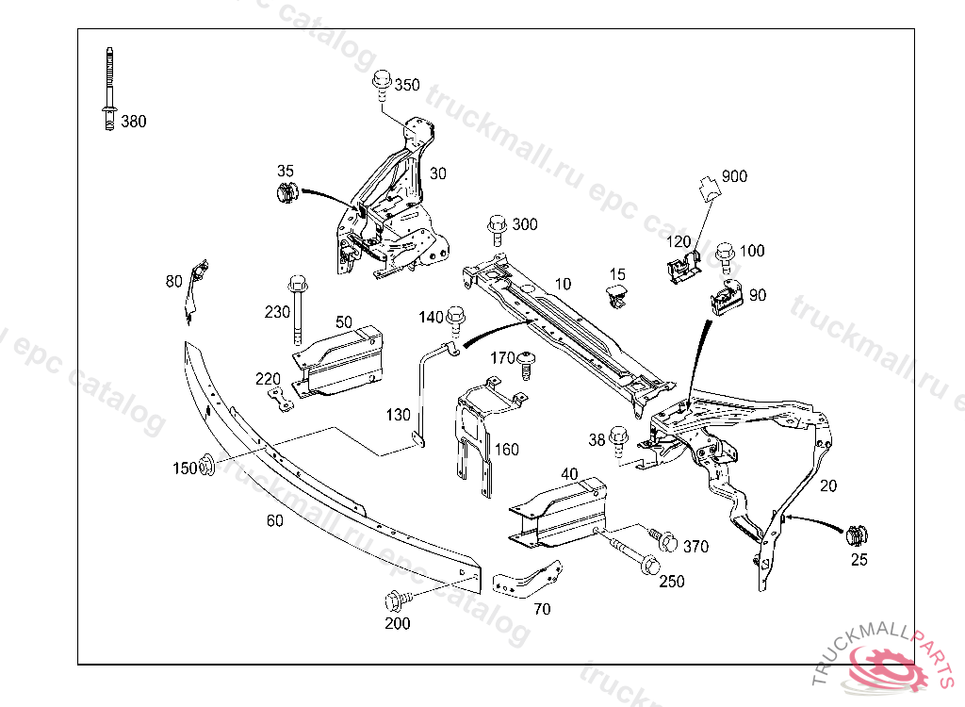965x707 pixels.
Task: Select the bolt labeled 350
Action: pyautogui.click(x=382, y=84)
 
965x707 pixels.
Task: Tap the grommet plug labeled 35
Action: pyautogui.click(x=286, y=195)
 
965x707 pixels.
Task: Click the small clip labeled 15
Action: pyautogui.click(x=616, y=295)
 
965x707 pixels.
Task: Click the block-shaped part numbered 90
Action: pyautogui.click(x=727, y=300)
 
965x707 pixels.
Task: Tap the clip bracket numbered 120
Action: pyautogui.click(x=680, y=268)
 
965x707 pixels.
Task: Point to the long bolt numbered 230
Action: pyautogui.click(x=298, y=306)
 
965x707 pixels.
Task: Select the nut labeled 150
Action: pyautogui.click(x=208, y=465)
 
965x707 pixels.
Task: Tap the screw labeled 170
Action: pyautogui.click(x=526, y=363)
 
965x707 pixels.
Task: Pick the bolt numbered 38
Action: pyautogui.click(x=619, y=441)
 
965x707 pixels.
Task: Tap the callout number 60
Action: pyautogui.click(x=274, y=520)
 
